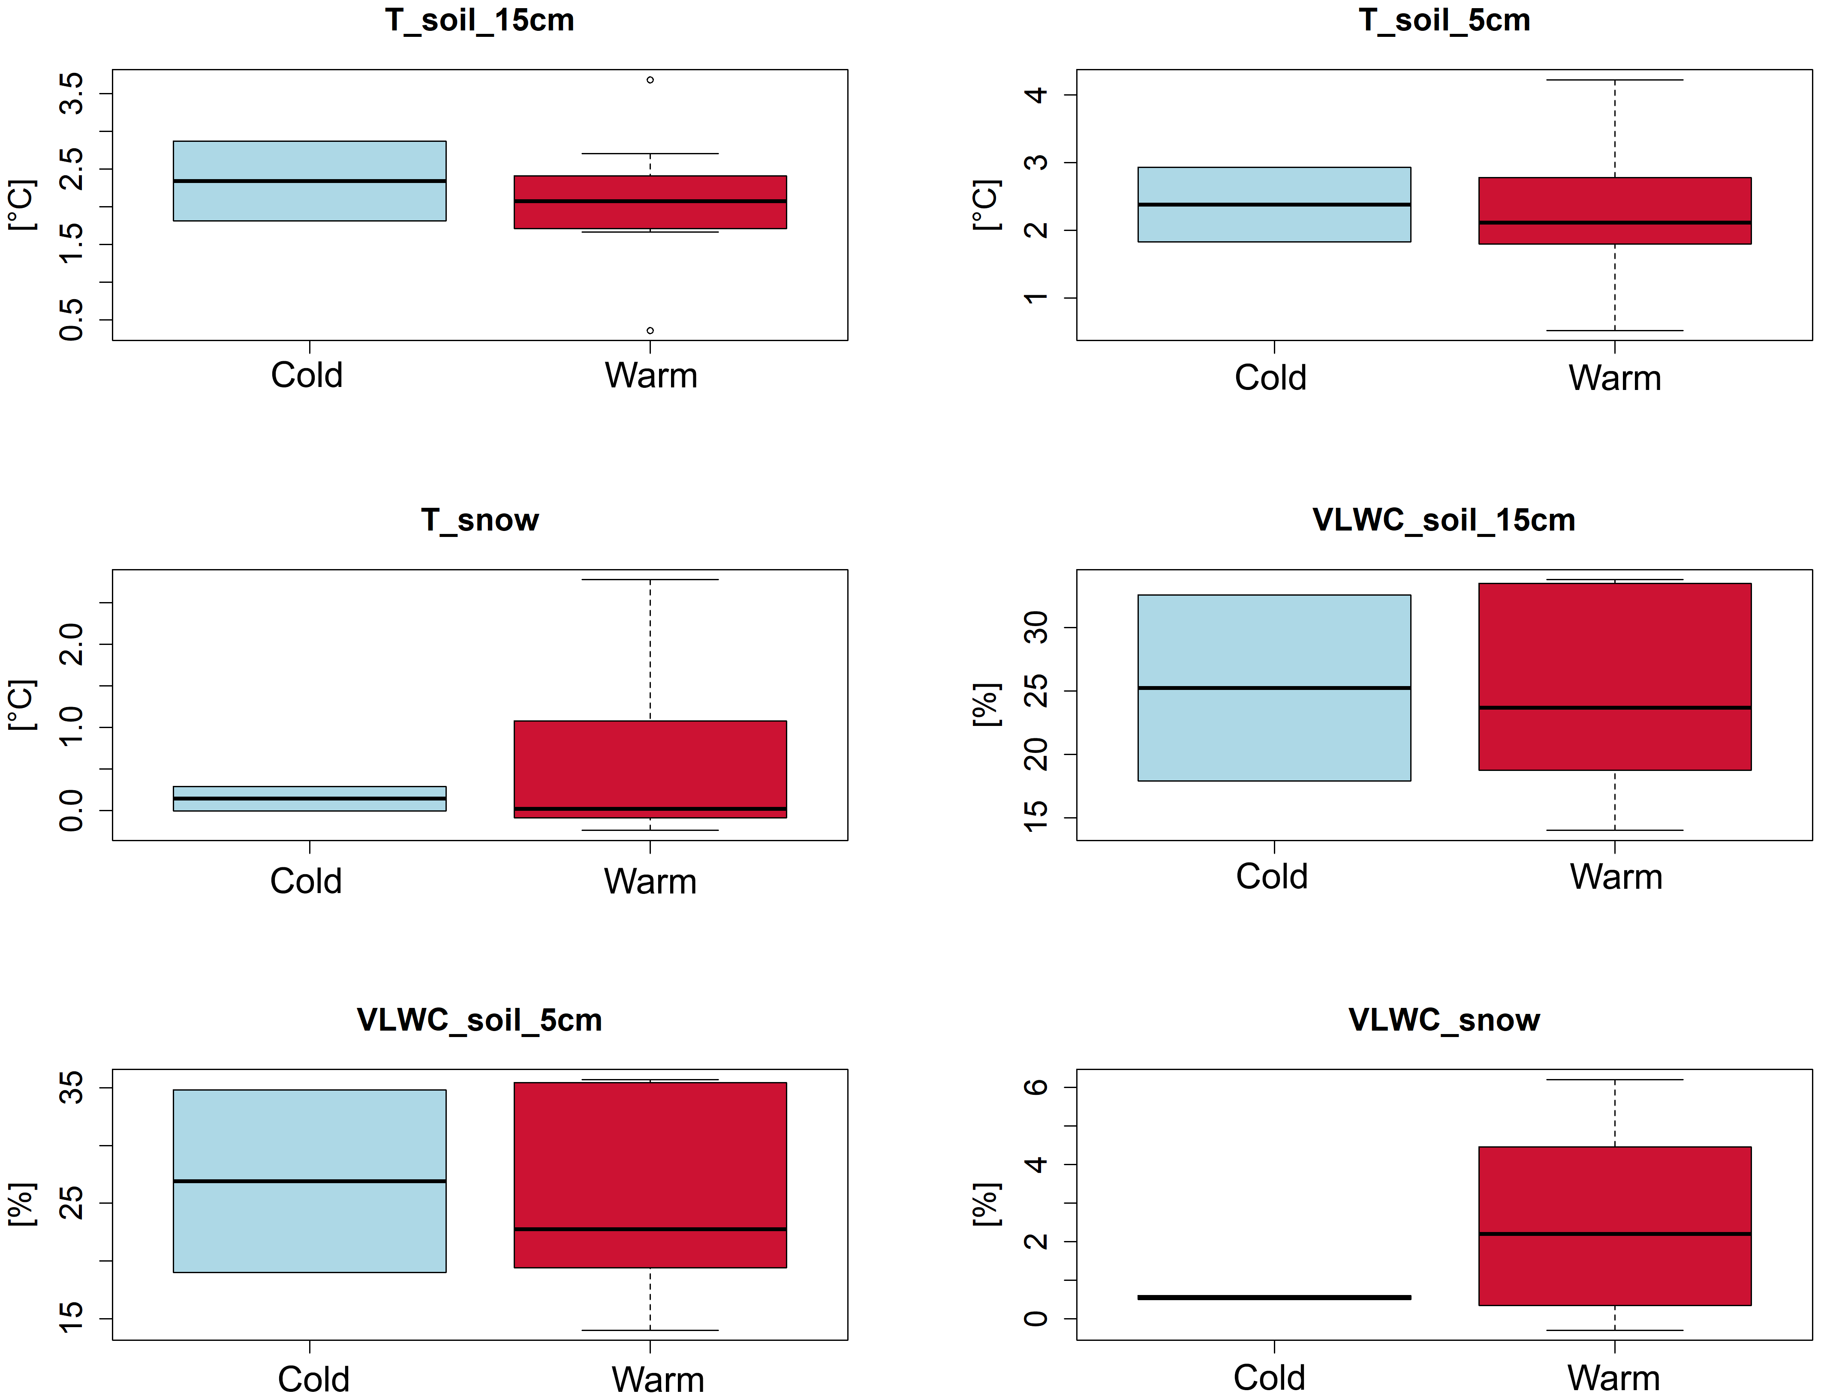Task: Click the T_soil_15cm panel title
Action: (x=479, y=20)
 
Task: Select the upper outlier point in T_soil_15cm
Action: (x=650, y=80)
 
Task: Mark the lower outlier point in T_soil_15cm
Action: (x=650, y=331)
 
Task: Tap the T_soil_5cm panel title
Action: (x=1444, y=20)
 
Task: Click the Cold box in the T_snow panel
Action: (x=309, y=798)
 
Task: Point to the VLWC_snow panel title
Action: (x=1444, y=1020)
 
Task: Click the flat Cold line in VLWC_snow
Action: (x=1274, y=1298)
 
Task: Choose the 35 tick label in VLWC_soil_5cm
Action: (x=72, y=1088)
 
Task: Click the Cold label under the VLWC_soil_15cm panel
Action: (x=1272, y=877)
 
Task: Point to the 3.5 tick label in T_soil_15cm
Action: (x=72, y=93)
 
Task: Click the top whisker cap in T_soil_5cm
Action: (x=1615, y=80)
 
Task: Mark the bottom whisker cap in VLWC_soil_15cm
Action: (x=1615, y=830)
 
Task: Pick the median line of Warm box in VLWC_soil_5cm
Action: (x=650, y=1229)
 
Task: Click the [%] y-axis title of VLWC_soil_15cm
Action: (x=986, y=704)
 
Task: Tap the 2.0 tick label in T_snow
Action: (x=72, y=644)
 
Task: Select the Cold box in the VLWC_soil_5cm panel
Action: (x=309, y=1181)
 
